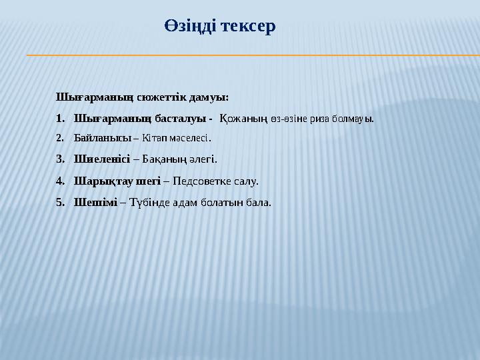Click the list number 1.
pyautogui.click(x=59, y=119)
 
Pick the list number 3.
pyautogui.click(x=59, y=159)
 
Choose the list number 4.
pyautogui.click(x=59, y=181)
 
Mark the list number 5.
pyautogui.click(x=59, y=201)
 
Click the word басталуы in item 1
pyautogui.click(x=179, y=119)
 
